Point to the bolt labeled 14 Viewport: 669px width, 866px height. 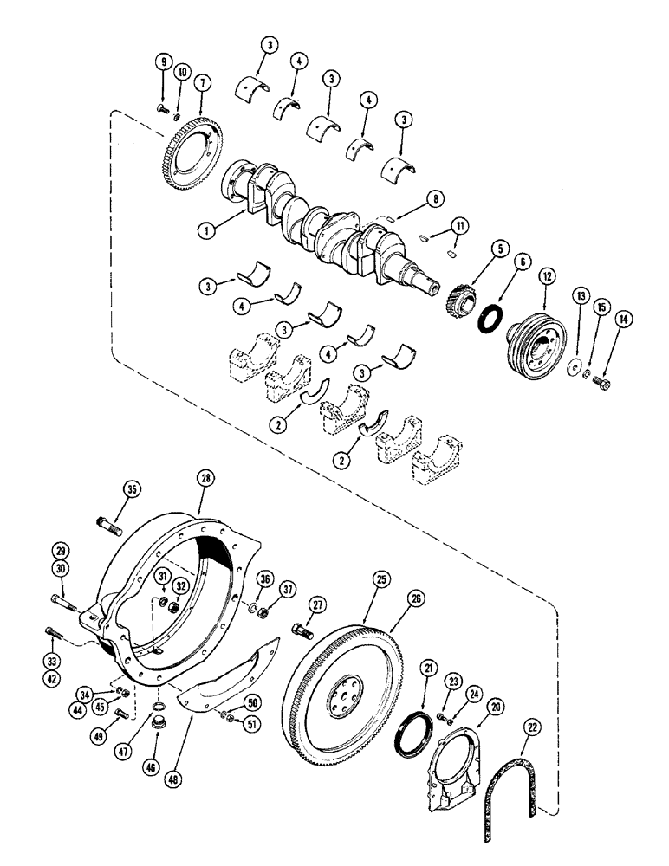(x=603, y=383)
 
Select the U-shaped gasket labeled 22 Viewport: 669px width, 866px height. (x=511, y=779)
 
